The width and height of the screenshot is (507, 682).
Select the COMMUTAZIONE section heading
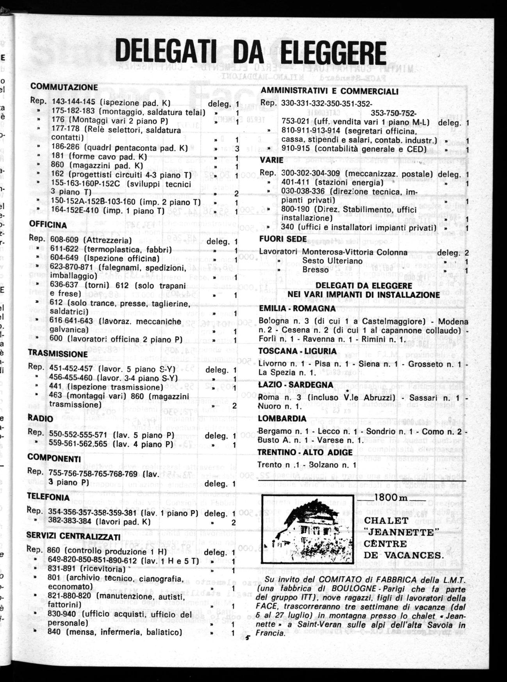point(64,87)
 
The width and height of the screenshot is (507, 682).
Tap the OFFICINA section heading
point(48,225)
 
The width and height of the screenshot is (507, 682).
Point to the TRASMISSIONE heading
point(58,354)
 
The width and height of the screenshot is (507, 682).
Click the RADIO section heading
point(40,418)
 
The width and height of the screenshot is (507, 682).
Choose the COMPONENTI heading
point(54,458)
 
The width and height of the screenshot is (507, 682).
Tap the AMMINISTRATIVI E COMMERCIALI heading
point(329,91)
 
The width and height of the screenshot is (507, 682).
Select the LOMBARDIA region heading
point(282,418)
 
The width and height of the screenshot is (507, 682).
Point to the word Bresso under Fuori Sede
point(316,270)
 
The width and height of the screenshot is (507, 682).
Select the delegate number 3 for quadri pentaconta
point(237,148)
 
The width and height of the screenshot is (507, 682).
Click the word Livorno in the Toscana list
point(273,364)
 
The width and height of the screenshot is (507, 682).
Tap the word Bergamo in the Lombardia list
point(274,431)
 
